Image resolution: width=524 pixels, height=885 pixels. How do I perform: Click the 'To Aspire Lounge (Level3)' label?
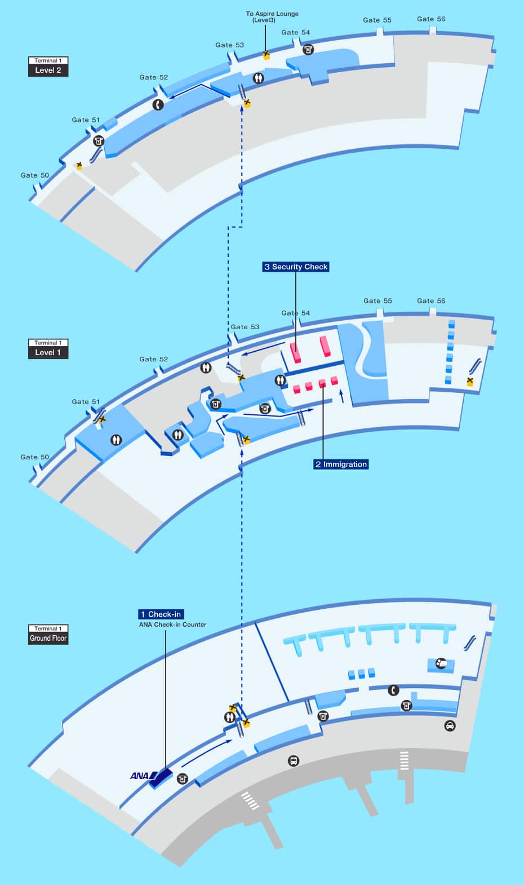click(272, 16)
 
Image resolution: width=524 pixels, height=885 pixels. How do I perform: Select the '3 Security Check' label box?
click(296, 267)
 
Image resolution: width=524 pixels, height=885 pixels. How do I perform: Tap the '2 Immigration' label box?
click(341, 464)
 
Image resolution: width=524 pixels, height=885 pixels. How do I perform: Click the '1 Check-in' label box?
click(161, 614)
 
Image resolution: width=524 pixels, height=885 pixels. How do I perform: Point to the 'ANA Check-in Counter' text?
click(172, 625)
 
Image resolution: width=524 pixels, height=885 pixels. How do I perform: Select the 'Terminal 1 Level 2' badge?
click(48, 67)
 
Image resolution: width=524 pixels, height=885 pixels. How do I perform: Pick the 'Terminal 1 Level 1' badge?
click(48, 348)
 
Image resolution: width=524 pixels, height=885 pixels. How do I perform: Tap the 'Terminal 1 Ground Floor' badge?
click(48, 634)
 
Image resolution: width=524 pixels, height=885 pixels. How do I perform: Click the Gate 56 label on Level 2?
click(431, 19)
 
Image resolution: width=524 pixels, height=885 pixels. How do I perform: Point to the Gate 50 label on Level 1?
click(35, 457)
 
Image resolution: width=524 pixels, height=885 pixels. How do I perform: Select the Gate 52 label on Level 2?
click(154, 77)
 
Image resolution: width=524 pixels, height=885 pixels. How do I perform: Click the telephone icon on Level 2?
click(158, 104)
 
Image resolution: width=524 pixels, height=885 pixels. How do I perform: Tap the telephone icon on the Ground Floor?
click(393, 690)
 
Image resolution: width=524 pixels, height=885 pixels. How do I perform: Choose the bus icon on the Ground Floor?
click(294, 760)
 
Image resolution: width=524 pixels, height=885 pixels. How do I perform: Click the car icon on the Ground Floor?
click(450, 726)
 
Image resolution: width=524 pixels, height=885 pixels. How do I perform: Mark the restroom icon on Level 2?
click(258, 78)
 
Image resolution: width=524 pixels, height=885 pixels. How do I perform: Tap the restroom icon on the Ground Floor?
click(229, 717)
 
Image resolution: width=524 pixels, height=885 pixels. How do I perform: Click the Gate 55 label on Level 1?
click(378, 301)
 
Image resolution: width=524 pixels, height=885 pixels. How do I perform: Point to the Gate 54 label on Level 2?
click(296, 32)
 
